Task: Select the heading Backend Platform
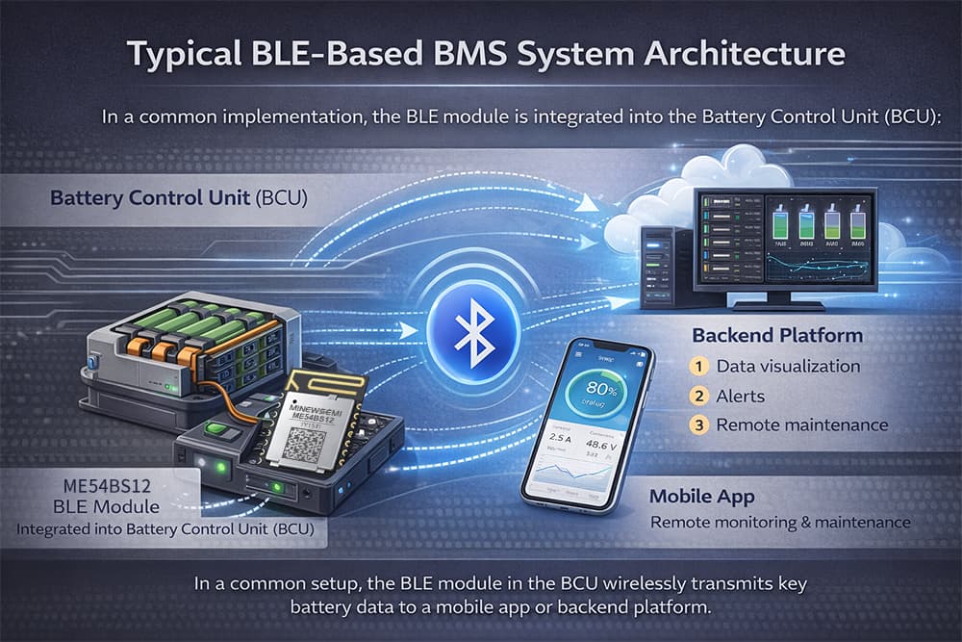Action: pyautogui.click(x=776, y=336)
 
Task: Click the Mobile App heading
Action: pyautogui.click(x=700, y=497)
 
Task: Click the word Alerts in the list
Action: pyautogui.click(x=740, y=395)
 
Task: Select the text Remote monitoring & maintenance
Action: pyautogui.click(x=779, y=523)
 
